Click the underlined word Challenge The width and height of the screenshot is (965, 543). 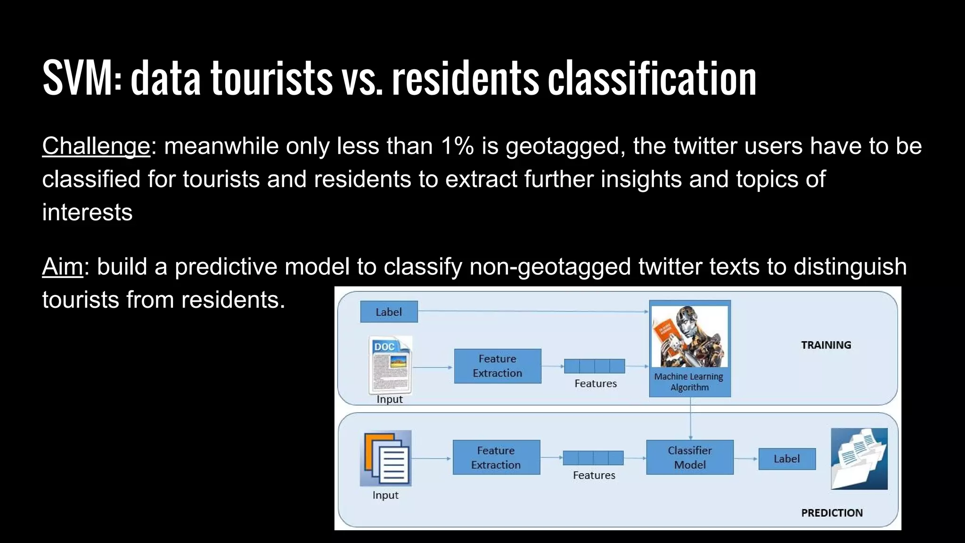(x=96, y=146)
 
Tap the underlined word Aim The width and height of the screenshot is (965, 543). (x=62, y=267)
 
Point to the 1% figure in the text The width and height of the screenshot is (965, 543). (x=457, y=146)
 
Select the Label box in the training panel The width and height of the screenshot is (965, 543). (x=389, y=312)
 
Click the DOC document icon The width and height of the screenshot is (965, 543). (x=390, y=365)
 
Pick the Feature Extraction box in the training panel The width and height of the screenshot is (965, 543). (x=497, y=366)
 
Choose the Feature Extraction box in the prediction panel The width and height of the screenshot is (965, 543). (x=496, y=457)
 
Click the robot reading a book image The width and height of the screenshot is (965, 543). (x=690, y=337)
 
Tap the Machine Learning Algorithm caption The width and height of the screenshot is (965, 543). (x=689, y=382)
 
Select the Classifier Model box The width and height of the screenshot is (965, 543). (x=689, y=457)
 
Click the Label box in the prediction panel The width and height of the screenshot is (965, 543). (x=786, y=459)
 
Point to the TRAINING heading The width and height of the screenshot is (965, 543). (x=826, y=345)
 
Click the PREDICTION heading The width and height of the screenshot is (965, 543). (x=832, y=513)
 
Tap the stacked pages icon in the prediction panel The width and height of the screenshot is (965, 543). (x=386, y=458)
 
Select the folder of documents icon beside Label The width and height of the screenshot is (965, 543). (x=859, y=459)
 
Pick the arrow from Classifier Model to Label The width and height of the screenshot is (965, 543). (x=746, y=459)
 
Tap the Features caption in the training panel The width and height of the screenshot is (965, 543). (x=595, y=384)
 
